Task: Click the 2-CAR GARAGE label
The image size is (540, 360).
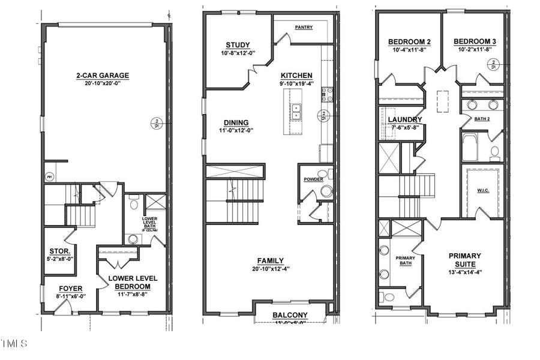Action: pyautogui.click(x=102, y=76)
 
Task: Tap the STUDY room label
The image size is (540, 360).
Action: pyautogui.click(x=238, y=46)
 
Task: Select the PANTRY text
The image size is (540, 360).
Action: pyautogui.click(x=304, y=27)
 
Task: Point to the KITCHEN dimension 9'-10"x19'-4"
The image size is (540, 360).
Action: pyautogui.click(x=296, y=84)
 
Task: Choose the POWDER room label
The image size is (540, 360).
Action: pyautogui.click(x=313, y=179)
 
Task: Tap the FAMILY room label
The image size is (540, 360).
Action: pyautogui.click(x=271, y=260)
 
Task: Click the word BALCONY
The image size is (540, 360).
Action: pyautogui.click(x=290, y=315)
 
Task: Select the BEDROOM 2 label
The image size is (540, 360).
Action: pyautogui.click(x=409, y=41)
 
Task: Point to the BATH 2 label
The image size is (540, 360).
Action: pyautogui.click(x=482, y=119)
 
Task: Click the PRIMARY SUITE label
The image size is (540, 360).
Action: pyautogui.click(x=465, y=260)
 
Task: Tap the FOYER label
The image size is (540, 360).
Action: pyautogui.click(x=71, y=289)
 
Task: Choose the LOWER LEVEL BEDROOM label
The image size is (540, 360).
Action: pyautogui.click(x=133, y=282)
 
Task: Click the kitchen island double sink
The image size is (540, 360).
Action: pyautogui.click(x=296, y=112)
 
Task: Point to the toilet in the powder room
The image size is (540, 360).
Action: pyautogui.click(x=326, y=191)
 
